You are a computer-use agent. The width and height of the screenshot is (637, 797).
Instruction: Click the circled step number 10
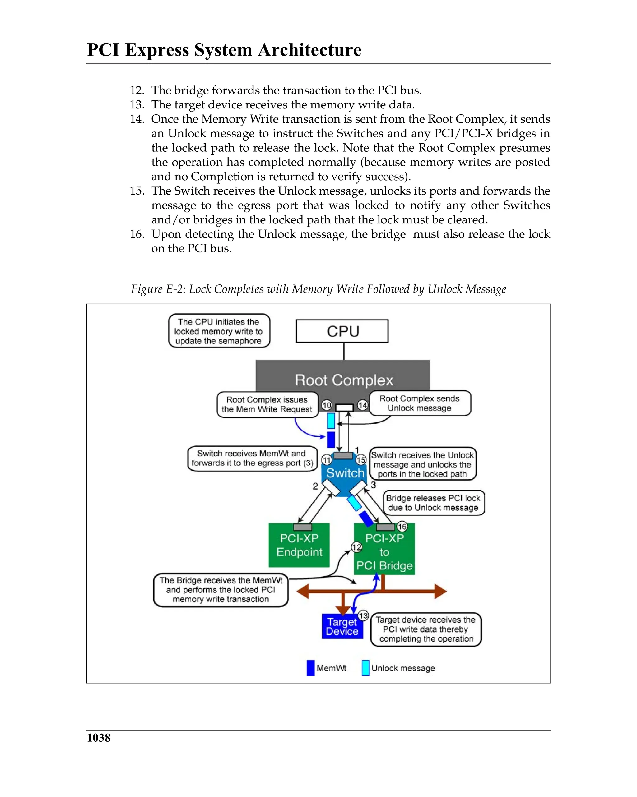pos(326,405)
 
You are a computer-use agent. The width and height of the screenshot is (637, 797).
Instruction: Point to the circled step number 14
pos(362,405)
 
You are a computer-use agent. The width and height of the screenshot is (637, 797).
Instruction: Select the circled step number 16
pos(402,526)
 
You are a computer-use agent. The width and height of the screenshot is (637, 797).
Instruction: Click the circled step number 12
pos(356,547)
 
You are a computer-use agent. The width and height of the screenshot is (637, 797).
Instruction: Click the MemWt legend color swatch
pos(310,668)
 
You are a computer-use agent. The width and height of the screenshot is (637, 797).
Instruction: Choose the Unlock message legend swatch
pos(365,668)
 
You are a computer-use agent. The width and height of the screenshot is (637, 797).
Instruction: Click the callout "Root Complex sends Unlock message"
pos(420,403)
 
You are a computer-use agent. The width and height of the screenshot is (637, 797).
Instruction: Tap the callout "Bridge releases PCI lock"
pos(433,503)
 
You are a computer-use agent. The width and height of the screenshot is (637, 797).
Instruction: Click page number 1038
pos(98,738)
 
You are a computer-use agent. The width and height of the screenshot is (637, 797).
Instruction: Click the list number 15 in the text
pos(137,191)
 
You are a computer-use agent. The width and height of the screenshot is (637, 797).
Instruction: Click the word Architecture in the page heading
pos(309,50)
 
